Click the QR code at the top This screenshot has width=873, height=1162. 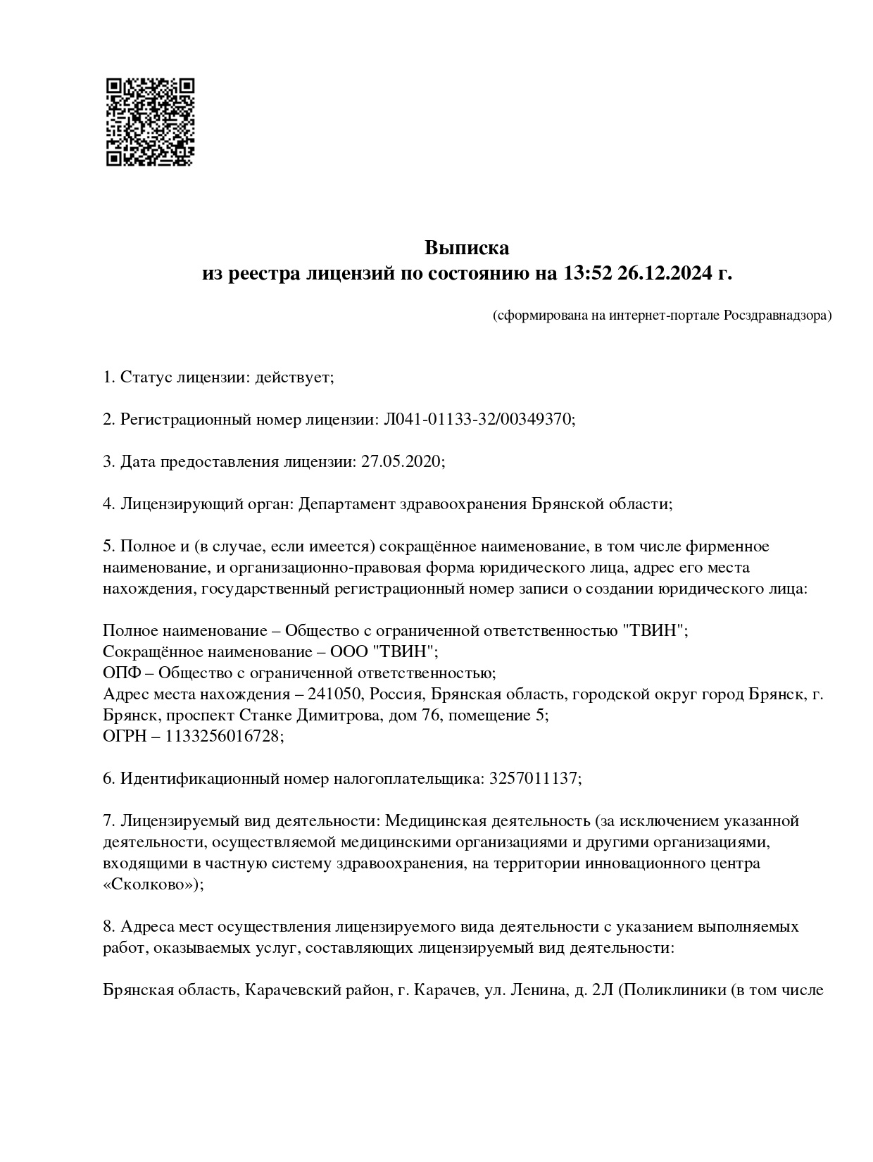[x=150, y=122]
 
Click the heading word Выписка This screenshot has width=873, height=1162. [x=466, y=248]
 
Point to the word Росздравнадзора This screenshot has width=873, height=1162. [x=777, y=316]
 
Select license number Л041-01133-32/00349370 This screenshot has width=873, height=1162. [x=478, y=420]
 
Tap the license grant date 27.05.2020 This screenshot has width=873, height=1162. [x=401, y=462]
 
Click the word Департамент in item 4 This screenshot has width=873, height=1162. [x=346, y=504]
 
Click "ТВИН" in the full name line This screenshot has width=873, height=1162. [x=654, y=631]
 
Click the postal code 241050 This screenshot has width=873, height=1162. [x=334, y=694]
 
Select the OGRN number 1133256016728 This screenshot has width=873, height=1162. [x=223, y=737]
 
